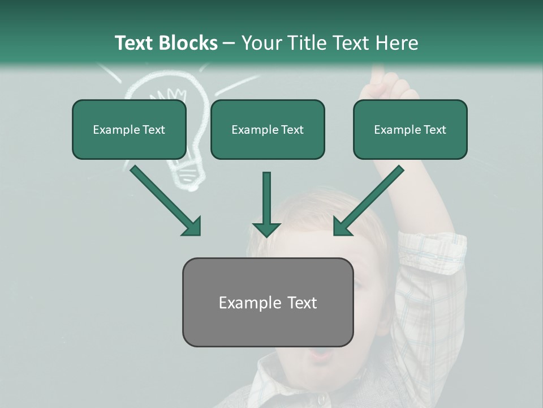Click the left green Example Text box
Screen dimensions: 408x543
click(129, 130)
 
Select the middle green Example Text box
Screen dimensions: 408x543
click(268, 130)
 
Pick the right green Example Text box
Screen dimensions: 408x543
click(410, 130)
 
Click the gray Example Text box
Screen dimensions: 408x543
click(268, 302)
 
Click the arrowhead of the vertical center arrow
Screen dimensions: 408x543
click(266, 229)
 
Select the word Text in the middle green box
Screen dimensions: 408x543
click(291, 130)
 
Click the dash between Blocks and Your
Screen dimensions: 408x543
click(229, 43)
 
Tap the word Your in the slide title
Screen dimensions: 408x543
click(262, 43)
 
